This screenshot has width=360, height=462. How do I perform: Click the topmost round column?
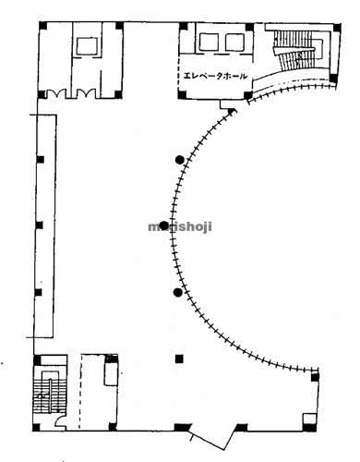[x=178, y=160]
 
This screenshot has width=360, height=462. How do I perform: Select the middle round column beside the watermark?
[x=164, y=225]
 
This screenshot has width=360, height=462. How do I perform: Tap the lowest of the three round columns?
[x=177, y=293]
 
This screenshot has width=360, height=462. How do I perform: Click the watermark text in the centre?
[x=180, y=226]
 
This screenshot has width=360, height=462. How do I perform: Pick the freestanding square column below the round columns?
[x=180, y=359]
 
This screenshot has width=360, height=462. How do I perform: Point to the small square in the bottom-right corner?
[x=315, y=377]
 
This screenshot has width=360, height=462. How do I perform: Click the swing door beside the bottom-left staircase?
[x=60, y=421]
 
